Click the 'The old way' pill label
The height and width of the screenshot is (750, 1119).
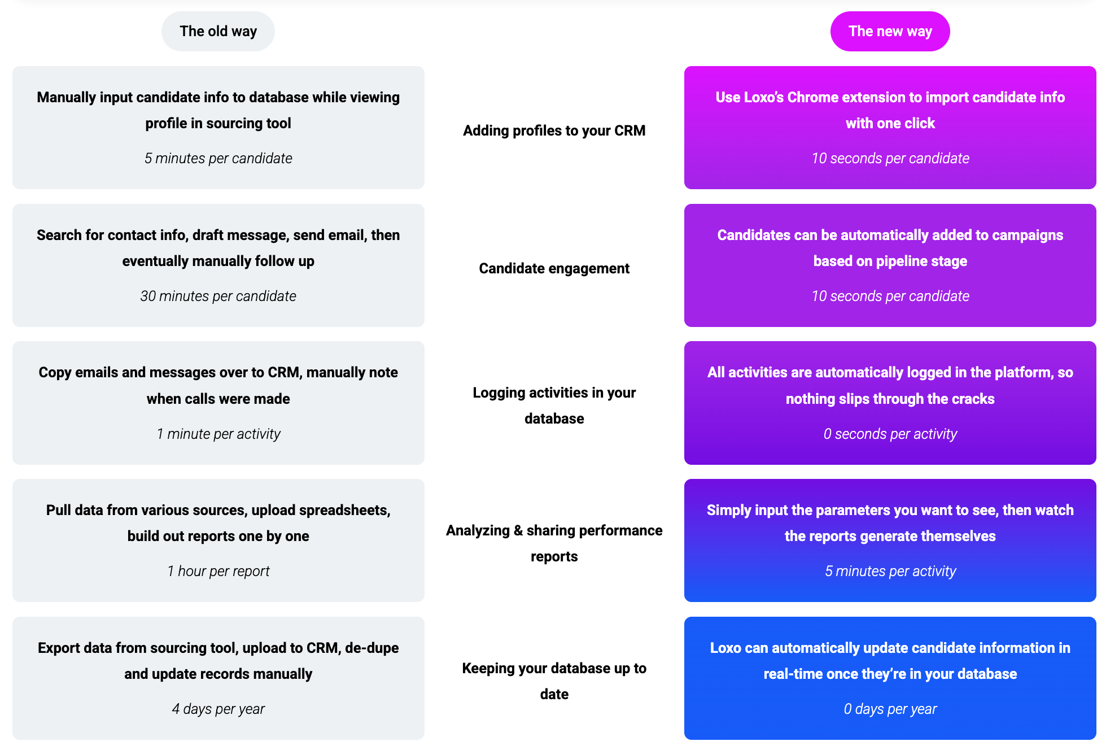point(218,32)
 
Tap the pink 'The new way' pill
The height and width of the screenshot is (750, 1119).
point(890,32)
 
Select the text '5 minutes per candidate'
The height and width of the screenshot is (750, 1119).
point(218,158)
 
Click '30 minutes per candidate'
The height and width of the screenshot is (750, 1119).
point(218,296)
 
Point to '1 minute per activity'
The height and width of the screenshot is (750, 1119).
point(218,434)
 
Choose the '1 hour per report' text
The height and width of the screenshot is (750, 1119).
point(218,571)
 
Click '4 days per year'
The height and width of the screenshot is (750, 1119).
point(218,709)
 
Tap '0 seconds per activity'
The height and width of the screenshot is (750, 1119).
point(890,434)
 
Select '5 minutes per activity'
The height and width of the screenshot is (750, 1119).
point(890,571)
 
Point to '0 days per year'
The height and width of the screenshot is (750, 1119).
point(890,709)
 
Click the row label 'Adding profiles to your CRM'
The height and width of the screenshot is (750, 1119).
point(554,130)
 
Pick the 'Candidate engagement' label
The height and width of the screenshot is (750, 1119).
point(554,268)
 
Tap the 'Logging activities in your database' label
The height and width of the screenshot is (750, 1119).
point(554,405)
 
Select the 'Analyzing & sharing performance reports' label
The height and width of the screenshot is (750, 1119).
point(554,543)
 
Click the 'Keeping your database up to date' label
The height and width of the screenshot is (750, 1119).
point(554,681)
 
